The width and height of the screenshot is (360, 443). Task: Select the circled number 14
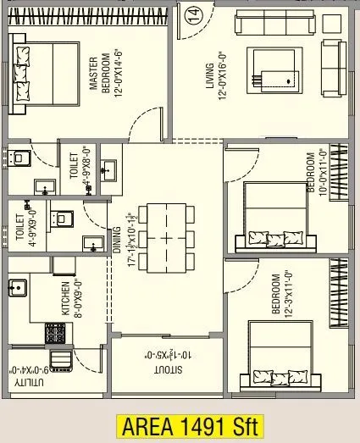(194, 14)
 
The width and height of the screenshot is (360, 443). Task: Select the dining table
(166, 236)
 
